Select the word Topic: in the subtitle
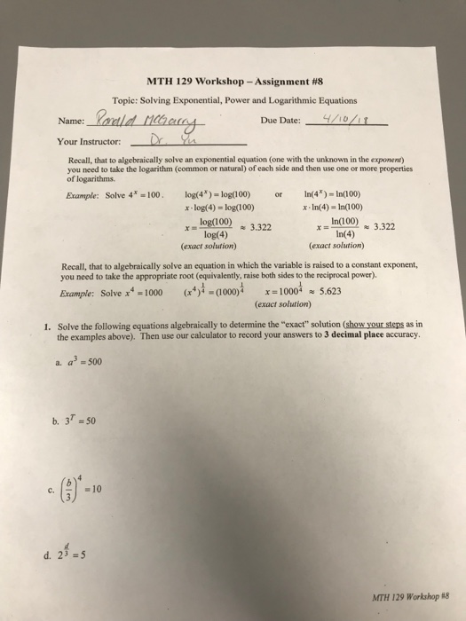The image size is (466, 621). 131,99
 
